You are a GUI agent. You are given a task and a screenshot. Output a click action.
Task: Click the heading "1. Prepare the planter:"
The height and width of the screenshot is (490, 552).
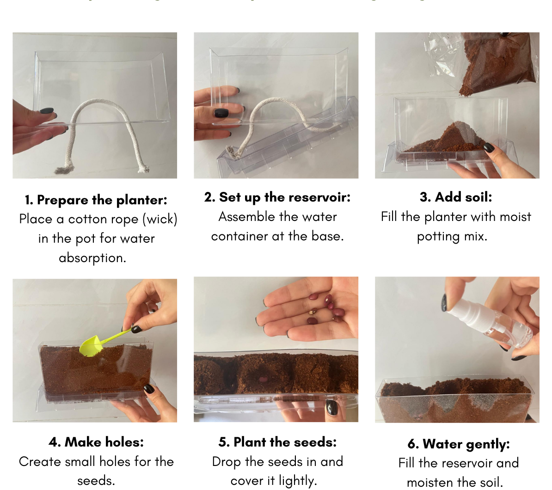click(96, 200)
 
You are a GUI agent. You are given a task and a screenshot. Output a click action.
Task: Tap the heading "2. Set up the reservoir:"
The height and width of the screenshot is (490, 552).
click(277, 197)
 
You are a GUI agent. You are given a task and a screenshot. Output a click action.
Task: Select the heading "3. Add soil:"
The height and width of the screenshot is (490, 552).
click(456, 197)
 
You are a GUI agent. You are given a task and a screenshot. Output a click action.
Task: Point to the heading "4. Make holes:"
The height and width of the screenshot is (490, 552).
click(96, 442)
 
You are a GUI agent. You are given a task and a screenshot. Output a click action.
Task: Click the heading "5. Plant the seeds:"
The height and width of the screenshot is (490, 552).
click(277, 442)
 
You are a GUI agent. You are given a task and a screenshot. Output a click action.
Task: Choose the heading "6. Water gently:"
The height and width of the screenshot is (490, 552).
click(459, 444)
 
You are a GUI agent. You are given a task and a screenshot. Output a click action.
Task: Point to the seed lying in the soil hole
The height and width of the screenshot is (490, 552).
click(263, 379)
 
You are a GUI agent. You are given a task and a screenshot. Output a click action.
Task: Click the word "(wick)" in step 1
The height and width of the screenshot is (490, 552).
click(160, 219)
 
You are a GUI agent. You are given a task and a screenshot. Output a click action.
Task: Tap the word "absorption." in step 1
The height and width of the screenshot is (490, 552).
click(92, 258)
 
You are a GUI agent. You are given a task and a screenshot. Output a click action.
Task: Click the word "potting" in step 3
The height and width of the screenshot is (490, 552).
click(437, 237)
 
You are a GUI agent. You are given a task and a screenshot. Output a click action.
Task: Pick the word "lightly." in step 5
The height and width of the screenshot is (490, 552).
click(298, 481)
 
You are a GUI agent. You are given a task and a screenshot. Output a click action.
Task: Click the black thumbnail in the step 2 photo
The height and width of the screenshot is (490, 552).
click(221, 113)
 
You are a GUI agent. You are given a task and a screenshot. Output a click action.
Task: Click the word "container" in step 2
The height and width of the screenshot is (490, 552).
click(240, 236)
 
